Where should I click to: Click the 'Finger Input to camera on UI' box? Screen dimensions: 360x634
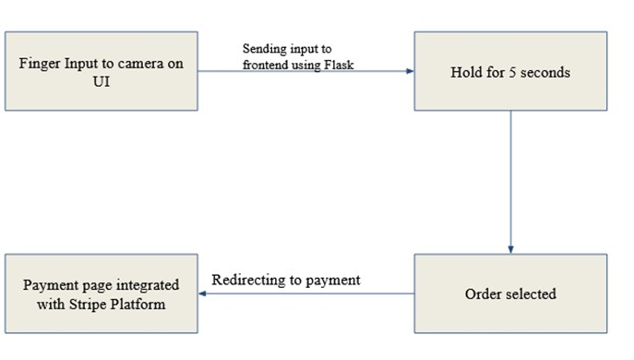[102, 71]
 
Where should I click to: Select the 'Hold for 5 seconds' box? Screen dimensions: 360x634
[509, 71]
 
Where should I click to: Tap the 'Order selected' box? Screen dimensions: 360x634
[509, 294]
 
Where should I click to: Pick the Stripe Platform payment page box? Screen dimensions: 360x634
[102, 294]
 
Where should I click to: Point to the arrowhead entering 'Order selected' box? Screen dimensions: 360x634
[509, 249]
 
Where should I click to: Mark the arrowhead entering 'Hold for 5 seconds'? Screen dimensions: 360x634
[408, 71]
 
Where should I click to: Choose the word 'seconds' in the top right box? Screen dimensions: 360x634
[544, 71]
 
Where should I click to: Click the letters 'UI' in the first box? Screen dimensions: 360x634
[102, 80]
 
